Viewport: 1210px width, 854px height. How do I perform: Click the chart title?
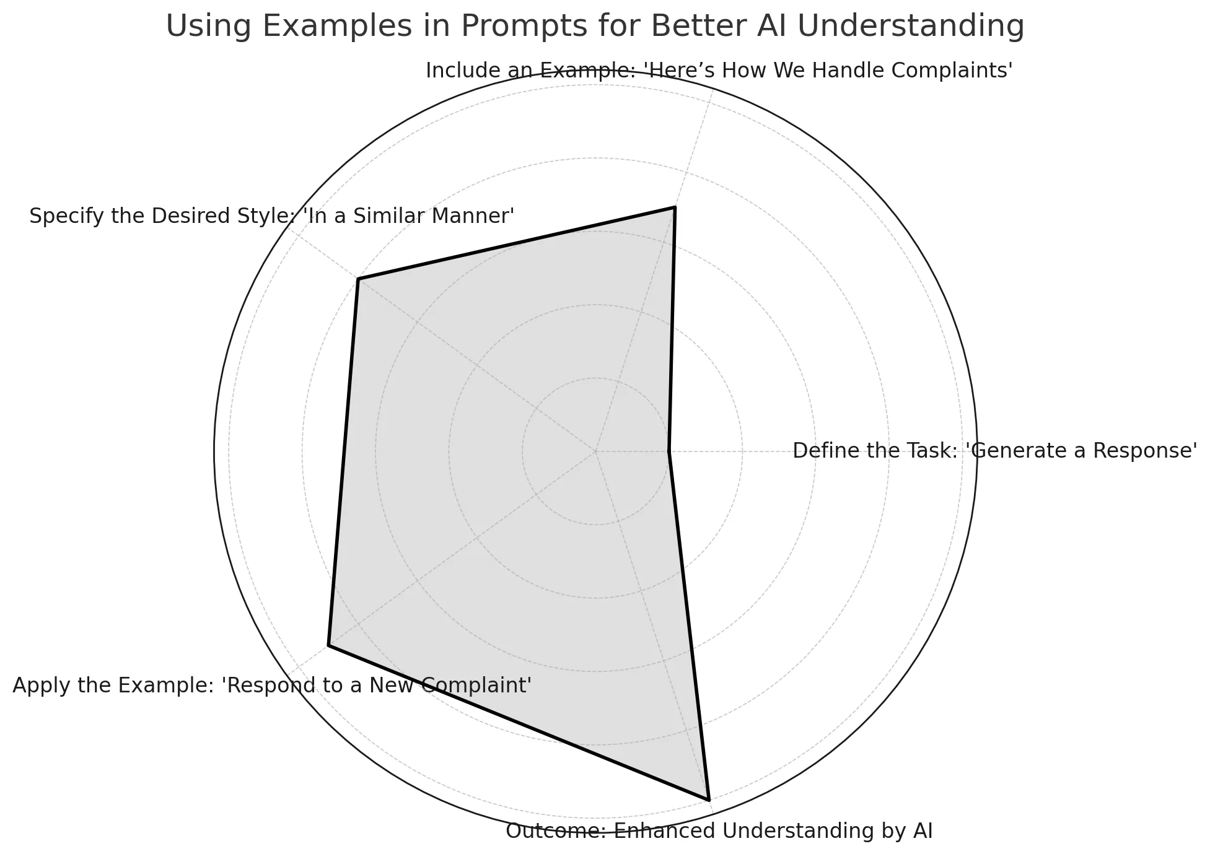click(x=595, y=27)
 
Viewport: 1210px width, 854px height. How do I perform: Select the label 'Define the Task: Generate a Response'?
click(x=994, y=451)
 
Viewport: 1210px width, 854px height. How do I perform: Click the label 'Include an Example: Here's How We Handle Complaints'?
click(x=719, y=71)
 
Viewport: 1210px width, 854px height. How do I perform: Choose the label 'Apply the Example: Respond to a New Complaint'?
click(x=272, y=686)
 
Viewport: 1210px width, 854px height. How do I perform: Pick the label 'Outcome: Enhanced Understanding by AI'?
click(x=719, y=830)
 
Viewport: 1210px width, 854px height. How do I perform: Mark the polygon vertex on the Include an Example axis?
click(x=675, y=207)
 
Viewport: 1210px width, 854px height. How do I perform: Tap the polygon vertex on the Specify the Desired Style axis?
click(x=358, y=279)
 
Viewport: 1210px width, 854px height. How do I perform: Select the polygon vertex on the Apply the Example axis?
click(x=328, y=646)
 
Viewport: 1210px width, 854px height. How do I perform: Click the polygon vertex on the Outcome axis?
click(x=708, y=800)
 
